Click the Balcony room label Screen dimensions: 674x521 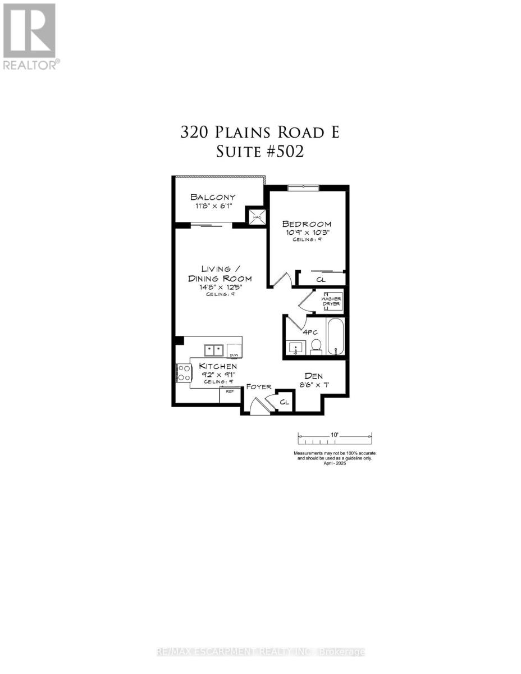212,197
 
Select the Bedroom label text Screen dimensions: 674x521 306,224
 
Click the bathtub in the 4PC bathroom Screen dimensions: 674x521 335,337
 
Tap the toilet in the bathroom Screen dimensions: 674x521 316,347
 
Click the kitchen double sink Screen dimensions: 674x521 214,350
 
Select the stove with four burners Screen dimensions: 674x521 184,373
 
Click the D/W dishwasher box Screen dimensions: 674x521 235,351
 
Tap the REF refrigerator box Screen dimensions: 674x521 228,394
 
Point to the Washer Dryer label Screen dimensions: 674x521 331,301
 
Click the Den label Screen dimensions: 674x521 313,376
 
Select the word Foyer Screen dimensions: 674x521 259,386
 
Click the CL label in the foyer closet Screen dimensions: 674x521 285,402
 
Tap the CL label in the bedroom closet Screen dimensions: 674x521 321,279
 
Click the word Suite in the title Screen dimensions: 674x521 236,152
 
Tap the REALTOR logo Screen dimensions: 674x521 29,37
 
